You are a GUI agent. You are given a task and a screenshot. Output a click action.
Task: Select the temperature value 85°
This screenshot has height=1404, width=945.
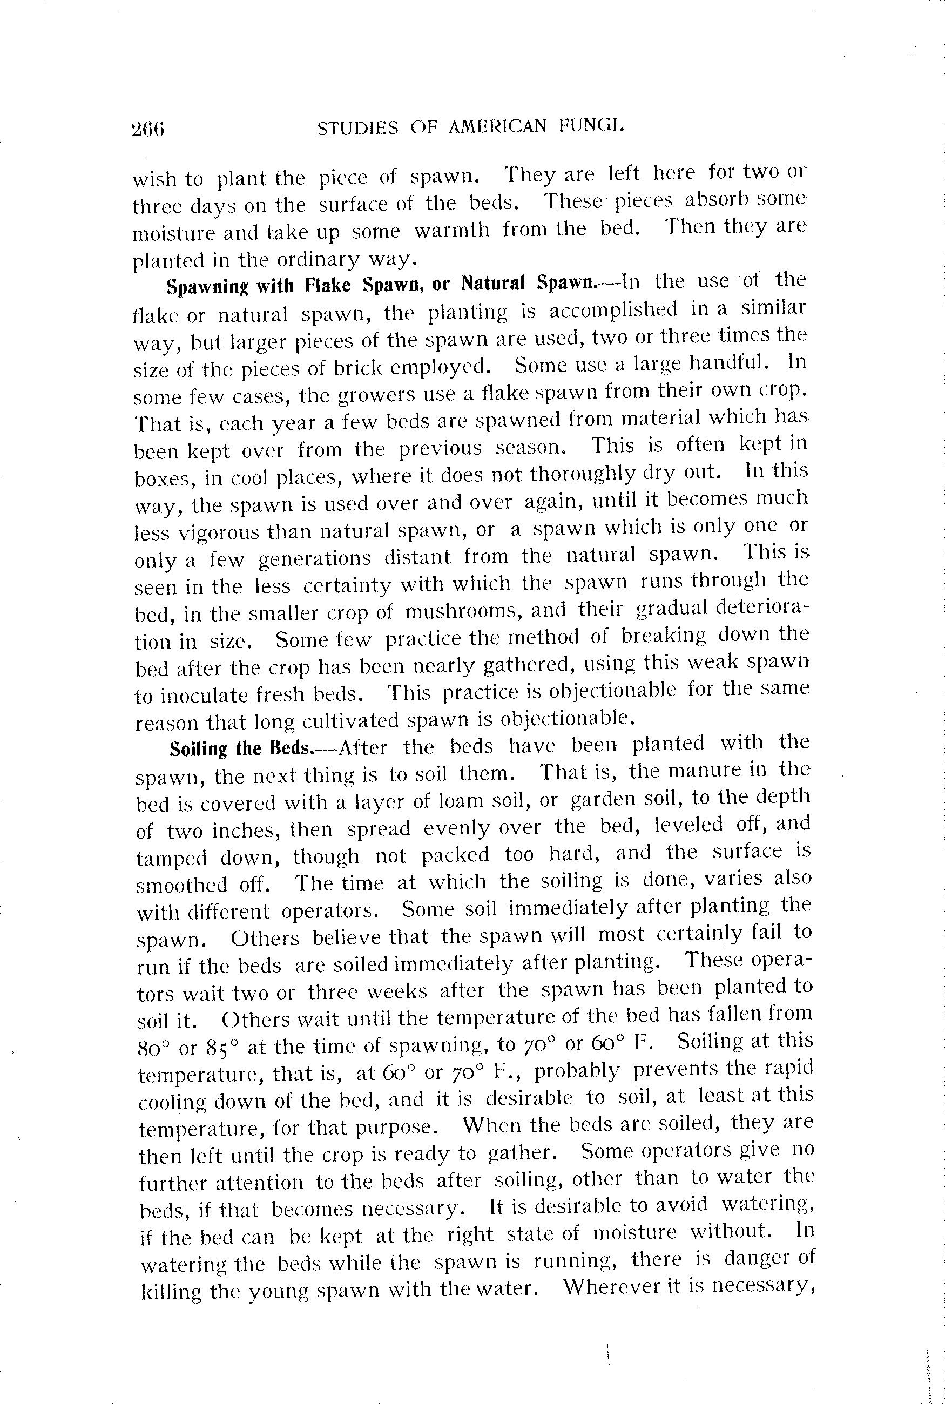pos(223,1047)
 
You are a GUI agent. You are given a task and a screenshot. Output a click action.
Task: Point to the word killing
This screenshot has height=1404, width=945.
pos(171,1291)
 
